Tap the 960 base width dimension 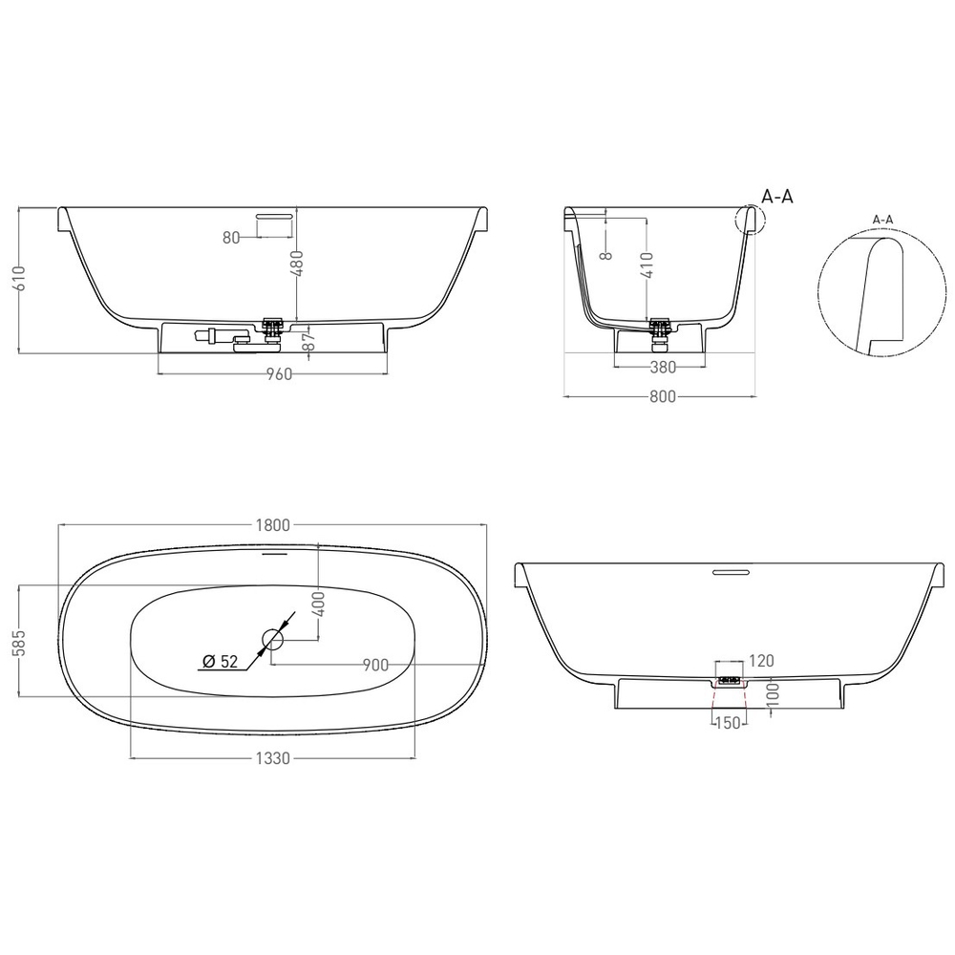[x=277, y=373]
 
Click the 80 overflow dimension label [x=231, y=238]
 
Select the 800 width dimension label [x=663, y=397]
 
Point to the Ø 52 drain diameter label [x=220, y=661]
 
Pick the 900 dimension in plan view [x=373, y=665]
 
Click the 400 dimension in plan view [x=321, y=604]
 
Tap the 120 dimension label [x=761, y=660]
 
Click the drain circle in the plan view [x=274, y=640]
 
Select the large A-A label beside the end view [x=777, y=197]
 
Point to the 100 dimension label [x=773, y=693]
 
